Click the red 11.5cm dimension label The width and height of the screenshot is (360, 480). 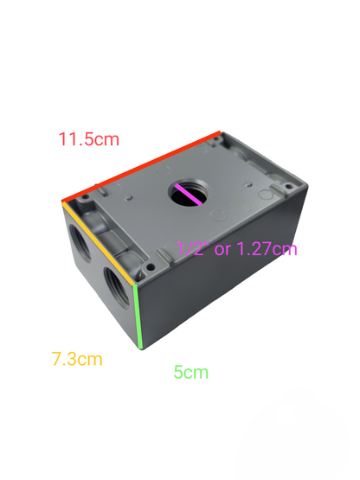point(88,138)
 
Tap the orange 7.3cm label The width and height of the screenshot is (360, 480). point(77,358)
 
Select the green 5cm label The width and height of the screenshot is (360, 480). point(190,373)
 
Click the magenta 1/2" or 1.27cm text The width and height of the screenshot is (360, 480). point(236,249)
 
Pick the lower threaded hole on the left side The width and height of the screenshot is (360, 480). point(115,284)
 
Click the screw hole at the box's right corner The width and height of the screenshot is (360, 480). point(286,183)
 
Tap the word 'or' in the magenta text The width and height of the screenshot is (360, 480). point(222,249)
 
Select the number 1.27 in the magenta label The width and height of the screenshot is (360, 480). point(257,249)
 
